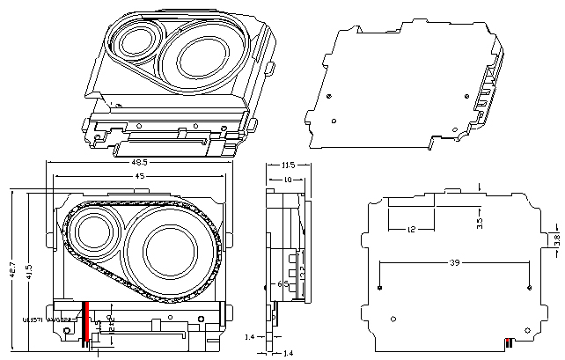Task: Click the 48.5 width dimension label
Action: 139,163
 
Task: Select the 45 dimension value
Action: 138,177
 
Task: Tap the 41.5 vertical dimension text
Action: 29,268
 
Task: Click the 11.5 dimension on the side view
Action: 287,165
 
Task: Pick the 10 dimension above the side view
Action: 286,179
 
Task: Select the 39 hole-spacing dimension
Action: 453,263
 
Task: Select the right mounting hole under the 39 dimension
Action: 527,288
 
